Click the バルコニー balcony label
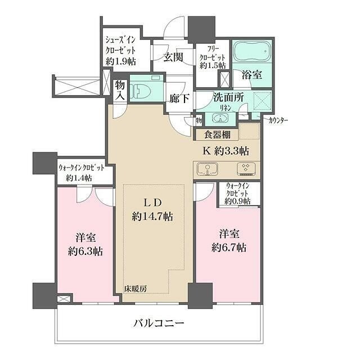tap(159, 324)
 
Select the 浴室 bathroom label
tap(251, 74)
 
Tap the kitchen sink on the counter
tap(208, 170)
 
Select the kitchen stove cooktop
tap(245, 170)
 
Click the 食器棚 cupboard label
tap(216, 135)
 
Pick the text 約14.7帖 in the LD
tap(152, 216)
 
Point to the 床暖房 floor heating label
tap(136, 289)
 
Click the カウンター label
tap(281, 120)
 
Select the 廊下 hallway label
tap(178, 97)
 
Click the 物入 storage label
tap(120, 90)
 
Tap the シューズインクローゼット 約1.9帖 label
tap(125, 51)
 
